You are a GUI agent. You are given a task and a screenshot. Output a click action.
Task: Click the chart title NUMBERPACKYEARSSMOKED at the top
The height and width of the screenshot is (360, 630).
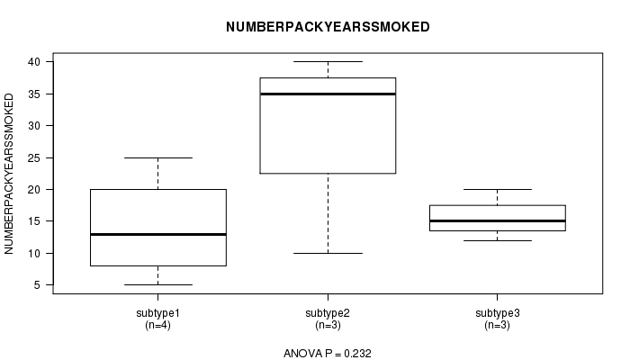(328, 27)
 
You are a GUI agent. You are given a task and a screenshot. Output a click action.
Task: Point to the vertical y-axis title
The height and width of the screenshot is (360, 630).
(9, 174)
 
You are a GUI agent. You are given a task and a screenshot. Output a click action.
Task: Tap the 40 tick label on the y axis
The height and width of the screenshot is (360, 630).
(34, 62)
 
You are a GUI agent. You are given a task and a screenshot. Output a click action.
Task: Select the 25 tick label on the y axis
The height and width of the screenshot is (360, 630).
(34, 157)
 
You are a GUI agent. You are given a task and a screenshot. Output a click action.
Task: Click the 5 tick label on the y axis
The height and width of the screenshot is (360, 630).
(38, 285)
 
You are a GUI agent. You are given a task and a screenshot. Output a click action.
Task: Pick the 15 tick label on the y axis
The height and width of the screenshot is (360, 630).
(34, 221)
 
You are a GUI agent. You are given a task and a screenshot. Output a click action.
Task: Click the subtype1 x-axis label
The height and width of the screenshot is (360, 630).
(157, 313)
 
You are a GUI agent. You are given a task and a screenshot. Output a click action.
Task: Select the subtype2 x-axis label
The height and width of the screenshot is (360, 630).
(328, 313)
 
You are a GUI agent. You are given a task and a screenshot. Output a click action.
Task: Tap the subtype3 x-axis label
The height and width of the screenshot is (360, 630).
(498, 313)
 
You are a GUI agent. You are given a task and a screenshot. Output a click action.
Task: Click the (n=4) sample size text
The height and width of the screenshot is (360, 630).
(157, 325)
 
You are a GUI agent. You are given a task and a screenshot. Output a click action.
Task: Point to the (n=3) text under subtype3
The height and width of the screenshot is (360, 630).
(498, 325)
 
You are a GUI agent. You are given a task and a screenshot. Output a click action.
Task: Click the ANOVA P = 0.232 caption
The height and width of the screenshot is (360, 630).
(328, 353)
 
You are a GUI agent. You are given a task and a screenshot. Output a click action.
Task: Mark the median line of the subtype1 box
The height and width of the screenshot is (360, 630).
(158, 234)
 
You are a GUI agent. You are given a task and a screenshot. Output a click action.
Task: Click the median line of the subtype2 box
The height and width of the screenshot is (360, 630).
(328, 94)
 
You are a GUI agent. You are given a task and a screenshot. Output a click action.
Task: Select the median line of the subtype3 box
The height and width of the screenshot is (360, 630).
(498, 221)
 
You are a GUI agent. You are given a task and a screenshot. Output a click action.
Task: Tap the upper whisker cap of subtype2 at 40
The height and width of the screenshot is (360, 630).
(328, 61)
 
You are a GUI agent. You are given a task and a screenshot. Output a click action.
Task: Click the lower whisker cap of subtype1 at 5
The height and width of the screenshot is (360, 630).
(158, 285)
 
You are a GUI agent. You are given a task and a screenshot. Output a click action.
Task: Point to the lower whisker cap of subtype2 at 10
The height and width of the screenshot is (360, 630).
(328, 253)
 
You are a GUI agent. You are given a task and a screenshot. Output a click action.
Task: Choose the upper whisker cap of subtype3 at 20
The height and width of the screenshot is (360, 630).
(498, 189)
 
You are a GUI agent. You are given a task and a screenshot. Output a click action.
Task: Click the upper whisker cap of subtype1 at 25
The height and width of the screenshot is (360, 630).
(158, 157)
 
